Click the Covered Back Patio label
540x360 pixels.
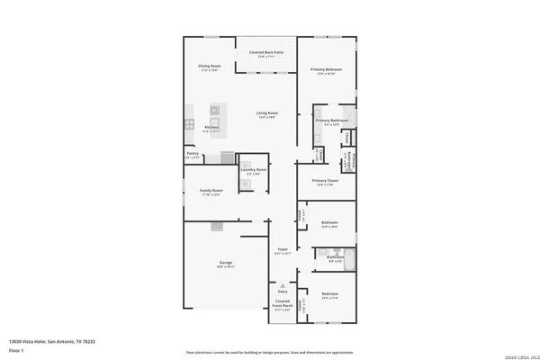click(265, 54)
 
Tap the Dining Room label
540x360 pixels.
click(210, 67)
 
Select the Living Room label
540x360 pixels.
click(267, 113)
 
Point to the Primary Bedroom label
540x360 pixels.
click(325, 70)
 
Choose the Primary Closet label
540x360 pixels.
click(324, 181)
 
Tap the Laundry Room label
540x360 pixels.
click(254, 169)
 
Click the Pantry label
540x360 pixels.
click(193, 154)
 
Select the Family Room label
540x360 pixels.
click(210, 192)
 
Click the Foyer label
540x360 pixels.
click(282, 248)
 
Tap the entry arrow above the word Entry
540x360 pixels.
click(283, 283)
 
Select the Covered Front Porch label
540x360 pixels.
click(283, 303)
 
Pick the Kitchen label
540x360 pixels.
click(211, 127)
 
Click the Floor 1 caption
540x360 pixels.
click(15, 351)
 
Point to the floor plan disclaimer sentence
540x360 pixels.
click(269, 353)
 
